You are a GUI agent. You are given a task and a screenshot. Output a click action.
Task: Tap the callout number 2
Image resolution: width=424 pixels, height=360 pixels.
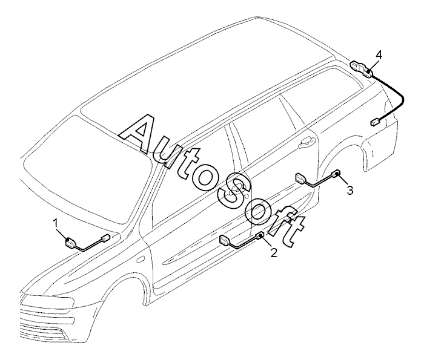click(273, 252)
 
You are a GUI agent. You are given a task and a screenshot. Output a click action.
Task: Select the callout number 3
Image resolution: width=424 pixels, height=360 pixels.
click(349, 191)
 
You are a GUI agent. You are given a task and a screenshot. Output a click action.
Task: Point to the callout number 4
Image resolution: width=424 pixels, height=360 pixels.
click(379, 55)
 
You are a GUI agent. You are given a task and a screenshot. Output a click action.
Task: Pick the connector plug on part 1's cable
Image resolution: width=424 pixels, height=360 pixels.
click(105, 238)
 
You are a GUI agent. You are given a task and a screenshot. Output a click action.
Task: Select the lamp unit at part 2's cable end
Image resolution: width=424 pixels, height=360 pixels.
click(227, 241)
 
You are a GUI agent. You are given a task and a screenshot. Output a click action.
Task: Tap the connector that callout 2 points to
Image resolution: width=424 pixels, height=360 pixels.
click(260, 237)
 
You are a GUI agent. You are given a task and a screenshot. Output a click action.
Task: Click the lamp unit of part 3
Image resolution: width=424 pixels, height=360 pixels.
click(300, 178)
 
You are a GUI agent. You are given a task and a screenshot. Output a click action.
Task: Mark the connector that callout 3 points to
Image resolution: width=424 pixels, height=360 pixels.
click(337, 174)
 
